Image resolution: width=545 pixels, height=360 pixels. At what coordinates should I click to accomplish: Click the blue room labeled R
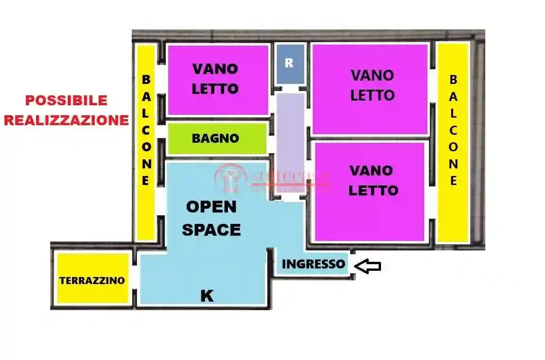(x=290, y=64)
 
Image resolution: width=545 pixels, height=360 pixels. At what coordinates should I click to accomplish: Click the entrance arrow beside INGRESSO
(x=368, y=267)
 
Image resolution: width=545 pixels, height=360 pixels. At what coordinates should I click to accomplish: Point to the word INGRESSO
(x=313, y=264)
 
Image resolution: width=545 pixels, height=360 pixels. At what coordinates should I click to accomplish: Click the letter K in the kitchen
(x=207, y=296)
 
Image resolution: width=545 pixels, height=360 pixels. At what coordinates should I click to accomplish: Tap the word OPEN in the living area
(x=211, y=207)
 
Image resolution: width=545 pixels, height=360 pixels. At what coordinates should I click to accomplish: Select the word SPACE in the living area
(x=211, y=230)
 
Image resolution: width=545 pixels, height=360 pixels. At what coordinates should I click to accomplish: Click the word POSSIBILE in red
(x=66, y=101)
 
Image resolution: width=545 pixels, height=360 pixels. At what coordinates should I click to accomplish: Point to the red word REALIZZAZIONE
(x=66, y=120)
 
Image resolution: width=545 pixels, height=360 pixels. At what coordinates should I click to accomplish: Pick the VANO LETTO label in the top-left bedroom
(x=215, y=79)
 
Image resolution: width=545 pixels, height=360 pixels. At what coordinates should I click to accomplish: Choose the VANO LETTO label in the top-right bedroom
(x=372, y=85)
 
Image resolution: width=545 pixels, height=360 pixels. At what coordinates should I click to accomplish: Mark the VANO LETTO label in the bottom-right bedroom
(x=373, y=180)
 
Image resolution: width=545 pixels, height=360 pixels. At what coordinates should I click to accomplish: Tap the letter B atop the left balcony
(x=146, y=79)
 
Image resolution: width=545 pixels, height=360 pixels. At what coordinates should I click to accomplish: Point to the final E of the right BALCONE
(x=454, y=181)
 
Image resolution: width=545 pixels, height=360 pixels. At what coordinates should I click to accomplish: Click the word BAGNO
(x=215, y=138)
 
